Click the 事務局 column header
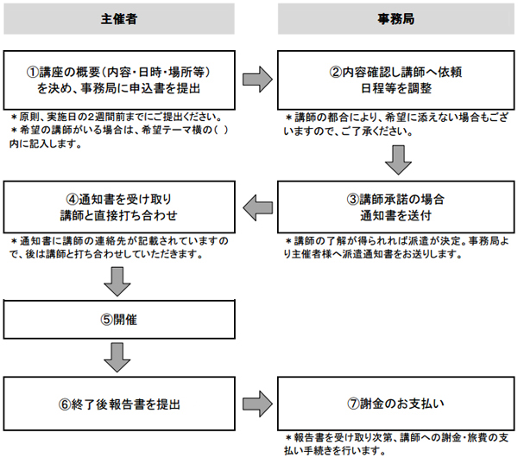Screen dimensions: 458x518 395,17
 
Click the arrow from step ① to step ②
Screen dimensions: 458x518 256,80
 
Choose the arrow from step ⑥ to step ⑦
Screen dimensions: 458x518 256,403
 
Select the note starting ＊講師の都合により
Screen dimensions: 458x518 397,122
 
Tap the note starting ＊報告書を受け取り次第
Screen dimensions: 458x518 397,444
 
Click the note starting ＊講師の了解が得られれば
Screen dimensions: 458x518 397,248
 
